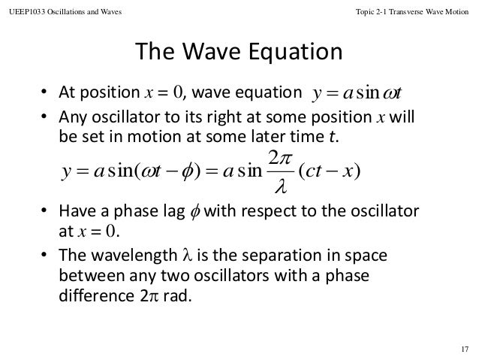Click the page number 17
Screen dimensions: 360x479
click(x=463, y=347)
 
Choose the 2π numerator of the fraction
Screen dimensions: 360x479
click(x=279, y=159)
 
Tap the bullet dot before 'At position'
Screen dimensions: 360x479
click(x=46, y=94)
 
